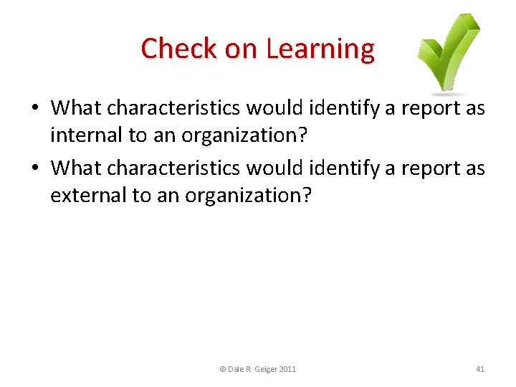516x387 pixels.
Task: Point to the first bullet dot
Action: (x=35, y=109)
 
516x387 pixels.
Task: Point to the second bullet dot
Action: (x=35, y=168)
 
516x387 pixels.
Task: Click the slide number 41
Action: (x=480, y=369)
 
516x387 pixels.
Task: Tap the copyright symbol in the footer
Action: (x=222, y=369)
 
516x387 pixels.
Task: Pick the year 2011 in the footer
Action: (x=287, y=369)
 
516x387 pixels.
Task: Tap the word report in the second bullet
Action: (x=436, y=168)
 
